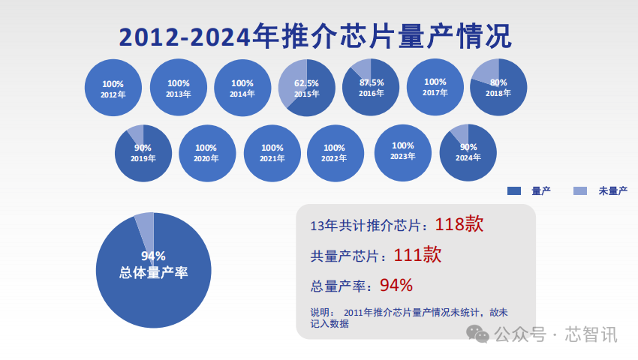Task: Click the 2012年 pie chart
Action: (113, 88)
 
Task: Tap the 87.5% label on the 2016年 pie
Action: (372, 82)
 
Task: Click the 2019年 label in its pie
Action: (143, 159)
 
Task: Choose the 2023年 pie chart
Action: (403, 151)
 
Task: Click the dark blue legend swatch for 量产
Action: (514, 191)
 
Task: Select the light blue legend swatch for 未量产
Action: (579, 191)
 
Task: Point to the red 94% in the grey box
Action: (396, 285)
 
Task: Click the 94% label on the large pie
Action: (153, 256)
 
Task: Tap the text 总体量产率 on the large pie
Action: (153, 273)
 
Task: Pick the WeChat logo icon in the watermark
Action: (477, 334)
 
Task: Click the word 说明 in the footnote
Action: (321, 313)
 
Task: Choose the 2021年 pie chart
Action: (272, 153)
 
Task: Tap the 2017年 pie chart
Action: (435, 87)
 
